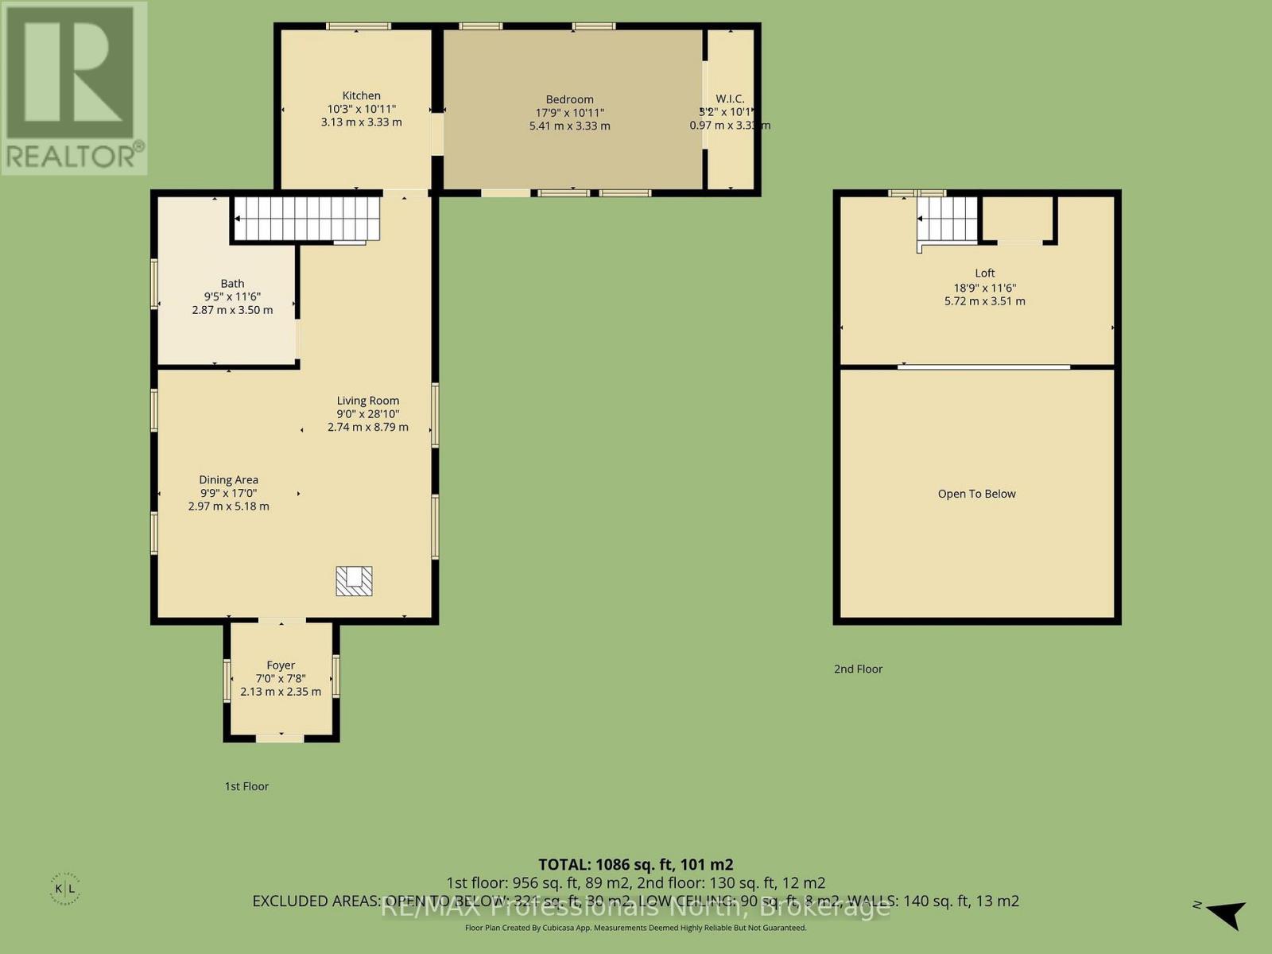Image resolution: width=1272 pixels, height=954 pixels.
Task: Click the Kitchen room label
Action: pos(361,95)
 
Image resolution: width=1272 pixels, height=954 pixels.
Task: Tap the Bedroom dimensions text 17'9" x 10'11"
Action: pos(569,113)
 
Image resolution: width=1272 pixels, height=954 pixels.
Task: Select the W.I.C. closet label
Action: pos(729,99)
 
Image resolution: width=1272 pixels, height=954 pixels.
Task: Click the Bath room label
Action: pos(232,283)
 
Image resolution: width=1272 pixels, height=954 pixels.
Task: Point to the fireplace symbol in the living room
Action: pos(354,580)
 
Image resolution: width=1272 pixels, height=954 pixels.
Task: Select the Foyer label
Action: pos(281,665)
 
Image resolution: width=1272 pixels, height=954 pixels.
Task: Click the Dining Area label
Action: pos(228,479)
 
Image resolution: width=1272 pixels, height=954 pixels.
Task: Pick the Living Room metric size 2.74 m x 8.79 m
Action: pos(367,427)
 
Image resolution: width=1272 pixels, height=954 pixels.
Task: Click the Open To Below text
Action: pos(976,494)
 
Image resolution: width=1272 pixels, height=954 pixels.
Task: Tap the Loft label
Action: pos(984,273)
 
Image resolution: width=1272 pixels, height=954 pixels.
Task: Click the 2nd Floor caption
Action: pos(858,669)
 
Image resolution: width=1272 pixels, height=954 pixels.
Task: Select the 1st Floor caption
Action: pos(246,785)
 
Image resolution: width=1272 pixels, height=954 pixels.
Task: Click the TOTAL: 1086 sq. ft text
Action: pos(635,864)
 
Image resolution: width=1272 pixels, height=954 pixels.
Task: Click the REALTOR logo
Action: pos(74,87)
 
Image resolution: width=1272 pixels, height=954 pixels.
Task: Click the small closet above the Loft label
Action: pos(1018,218)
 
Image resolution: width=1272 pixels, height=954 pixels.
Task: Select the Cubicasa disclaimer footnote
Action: pos(635,928)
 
